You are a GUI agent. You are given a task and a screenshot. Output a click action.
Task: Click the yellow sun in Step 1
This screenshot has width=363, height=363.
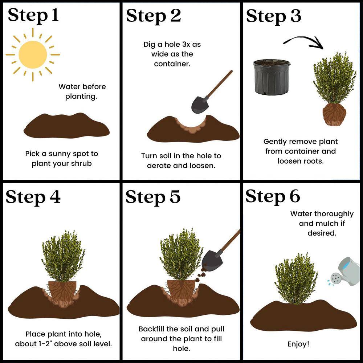pyautogui.click(x=33, y=54)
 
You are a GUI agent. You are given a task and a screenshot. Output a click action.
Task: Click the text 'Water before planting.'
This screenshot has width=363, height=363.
pyautogui.click(x=82, y=91)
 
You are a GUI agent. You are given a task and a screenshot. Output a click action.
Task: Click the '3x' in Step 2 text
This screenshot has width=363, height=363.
pyautogui.click(x=184, y=45)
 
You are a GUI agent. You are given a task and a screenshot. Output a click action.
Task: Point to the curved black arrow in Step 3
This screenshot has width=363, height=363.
pyautogui.click(x=303, y=41)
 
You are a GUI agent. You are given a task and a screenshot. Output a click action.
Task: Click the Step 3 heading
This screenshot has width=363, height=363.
pyautogui.click(x=273, y=16)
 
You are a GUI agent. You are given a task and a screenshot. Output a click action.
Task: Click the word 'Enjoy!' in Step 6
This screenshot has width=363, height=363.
pyautogui.click(x=298, y=344)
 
